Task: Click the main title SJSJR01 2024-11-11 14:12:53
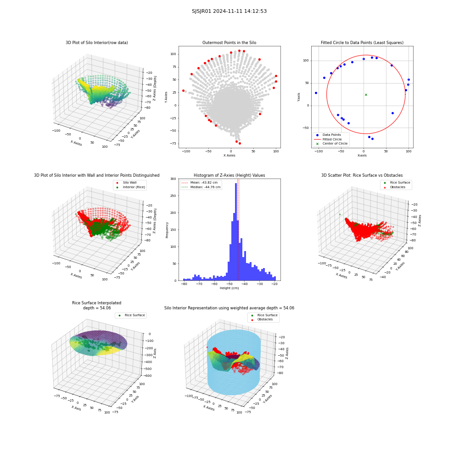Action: tap(229, 11)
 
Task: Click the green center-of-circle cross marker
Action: tap(366, 95)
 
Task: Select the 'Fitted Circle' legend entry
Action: tap(328, 140)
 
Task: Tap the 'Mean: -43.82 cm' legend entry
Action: tap(200, 182)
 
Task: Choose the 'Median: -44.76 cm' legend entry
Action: tap(201, 187)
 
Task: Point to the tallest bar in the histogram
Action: tap(236, 232)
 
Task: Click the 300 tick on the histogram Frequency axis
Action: tap(174, 179)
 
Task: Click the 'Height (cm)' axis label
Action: tap(229, 288)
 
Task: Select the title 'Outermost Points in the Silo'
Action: tap(229, 43)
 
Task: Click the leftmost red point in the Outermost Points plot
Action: tap(183, 91)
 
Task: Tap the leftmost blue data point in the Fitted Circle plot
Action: tap(316, 93)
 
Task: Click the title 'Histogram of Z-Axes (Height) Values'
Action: tap(229, 175)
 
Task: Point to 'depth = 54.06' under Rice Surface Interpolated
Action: tap(97, 308)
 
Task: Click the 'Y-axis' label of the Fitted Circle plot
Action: tap(299, 97)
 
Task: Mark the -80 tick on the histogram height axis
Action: tap(184, 284)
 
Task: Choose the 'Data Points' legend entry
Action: tap(328, 135)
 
